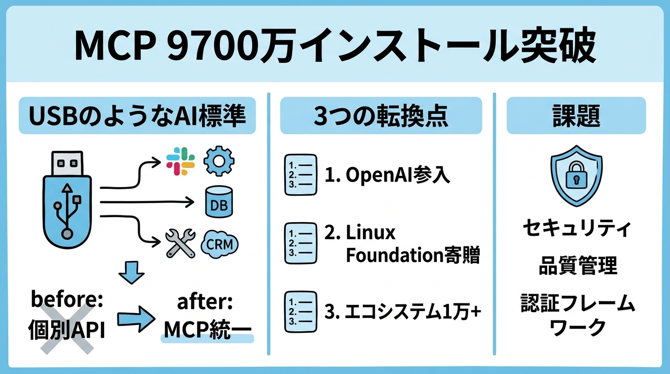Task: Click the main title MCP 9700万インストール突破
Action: coord(335,47)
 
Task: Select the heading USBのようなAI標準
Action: coord(137,115)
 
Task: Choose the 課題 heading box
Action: coord(576,115)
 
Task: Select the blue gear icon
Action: coord(219,161)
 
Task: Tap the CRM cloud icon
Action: coord(219,243)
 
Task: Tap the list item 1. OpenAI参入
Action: coord(387,176)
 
